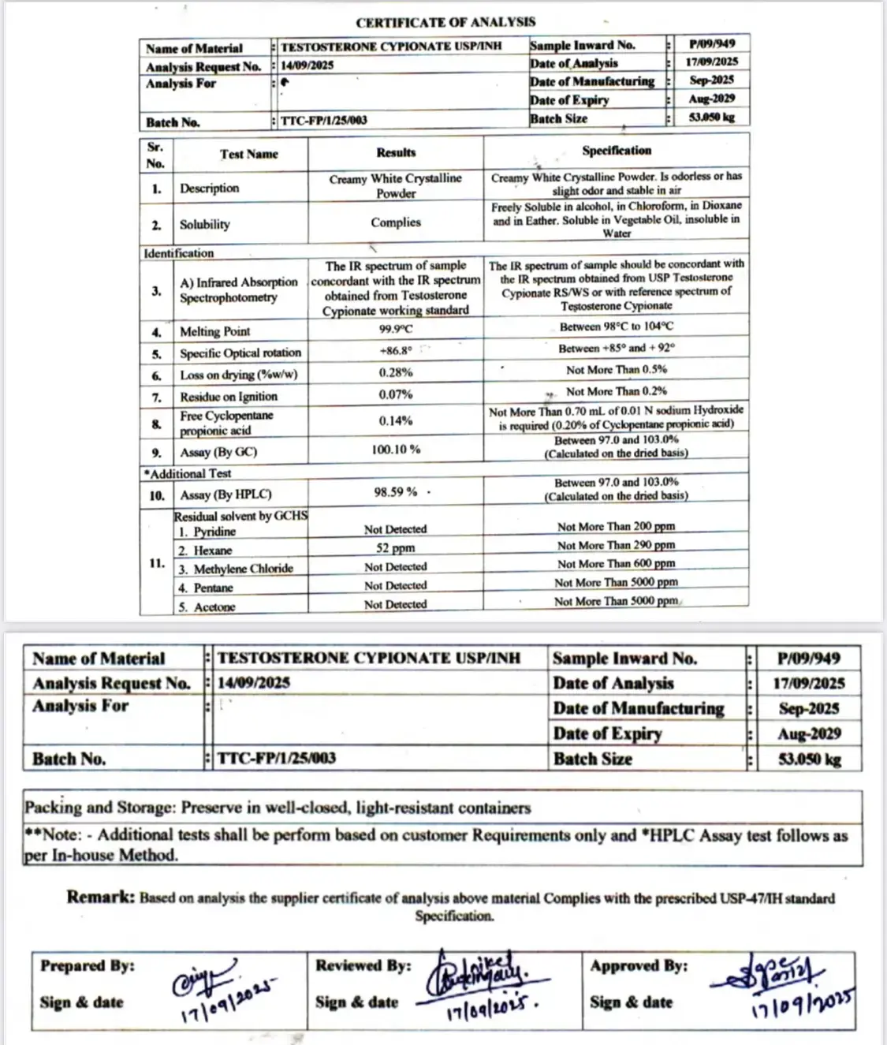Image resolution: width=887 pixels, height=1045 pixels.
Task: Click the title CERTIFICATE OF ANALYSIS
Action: (445, 23)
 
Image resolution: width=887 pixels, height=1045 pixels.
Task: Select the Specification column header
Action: (617, 151)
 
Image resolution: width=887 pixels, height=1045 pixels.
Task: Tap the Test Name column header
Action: (249, 155)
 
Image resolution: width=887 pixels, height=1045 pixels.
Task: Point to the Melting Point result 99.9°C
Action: (396, 330)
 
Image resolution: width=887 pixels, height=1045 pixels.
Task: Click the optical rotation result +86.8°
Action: (396, 351)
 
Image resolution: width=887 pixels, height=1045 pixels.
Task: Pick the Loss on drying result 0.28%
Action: (396, 372)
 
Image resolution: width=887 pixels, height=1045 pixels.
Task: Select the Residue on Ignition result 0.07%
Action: (396, 394)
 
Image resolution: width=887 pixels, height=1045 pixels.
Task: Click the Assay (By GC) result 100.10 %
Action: (396, 450)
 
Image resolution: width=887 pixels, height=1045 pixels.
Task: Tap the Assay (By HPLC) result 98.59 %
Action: (396, 492)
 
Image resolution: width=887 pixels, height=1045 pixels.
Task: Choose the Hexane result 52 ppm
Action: (396, 548)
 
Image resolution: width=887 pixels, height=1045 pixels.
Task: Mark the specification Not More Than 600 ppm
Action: (616, 564)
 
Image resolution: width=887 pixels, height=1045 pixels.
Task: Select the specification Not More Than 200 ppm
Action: (616, 527)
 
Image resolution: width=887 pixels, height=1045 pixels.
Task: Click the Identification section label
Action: (179, 253)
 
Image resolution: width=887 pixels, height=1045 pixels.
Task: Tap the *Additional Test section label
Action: (188, 473)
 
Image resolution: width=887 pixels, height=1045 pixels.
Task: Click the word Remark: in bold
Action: (101, 897)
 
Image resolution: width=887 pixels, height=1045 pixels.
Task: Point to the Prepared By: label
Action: (88, 965)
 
